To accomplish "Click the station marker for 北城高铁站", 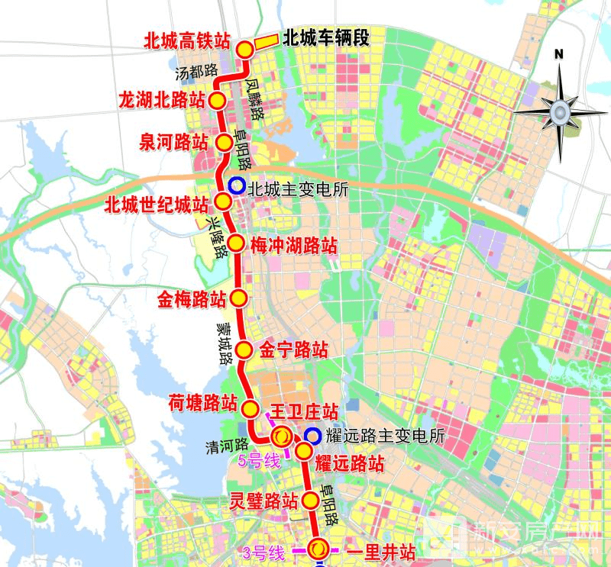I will click(245, 50).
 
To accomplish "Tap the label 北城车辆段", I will click(325, 39).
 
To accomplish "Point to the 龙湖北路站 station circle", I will click(218, 101).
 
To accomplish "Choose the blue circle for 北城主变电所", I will click(236, 185).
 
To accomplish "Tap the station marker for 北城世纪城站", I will click(224, 201).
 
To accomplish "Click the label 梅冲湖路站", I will click(294, 246).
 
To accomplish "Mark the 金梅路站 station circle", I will click(239, 298).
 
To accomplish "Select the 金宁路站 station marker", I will click(244, 350).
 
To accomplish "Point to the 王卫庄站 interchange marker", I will click(281, 437).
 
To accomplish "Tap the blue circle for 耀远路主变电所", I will click(312, 437).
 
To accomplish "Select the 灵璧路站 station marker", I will click(310, 501).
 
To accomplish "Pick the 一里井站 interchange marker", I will click(319, 547).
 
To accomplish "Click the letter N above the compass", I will click(558, 53).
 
